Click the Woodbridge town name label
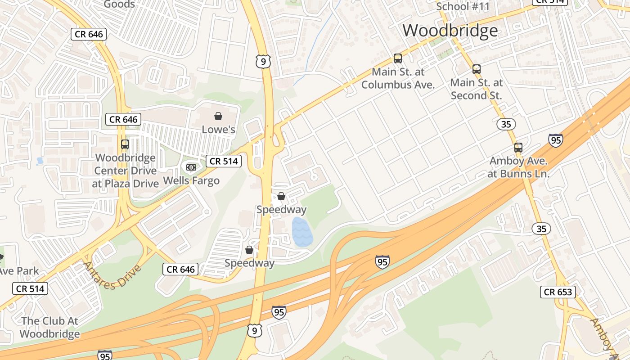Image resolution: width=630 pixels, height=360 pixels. pos(450,31)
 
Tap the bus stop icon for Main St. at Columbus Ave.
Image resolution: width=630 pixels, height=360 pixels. pos(397,58)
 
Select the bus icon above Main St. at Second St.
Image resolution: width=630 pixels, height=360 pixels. pos(476,69)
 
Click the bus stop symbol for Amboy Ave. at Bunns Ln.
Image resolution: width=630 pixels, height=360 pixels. pos(518,147)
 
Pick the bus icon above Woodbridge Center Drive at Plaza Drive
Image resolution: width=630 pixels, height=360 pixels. pos(125,144)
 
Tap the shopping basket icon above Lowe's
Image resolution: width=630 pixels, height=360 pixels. pos(218,117)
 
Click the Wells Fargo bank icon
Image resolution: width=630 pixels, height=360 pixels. pos(191,167)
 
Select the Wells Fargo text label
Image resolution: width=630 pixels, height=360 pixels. pos(191,181)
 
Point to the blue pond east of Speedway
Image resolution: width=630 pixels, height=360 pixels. pos(302,232)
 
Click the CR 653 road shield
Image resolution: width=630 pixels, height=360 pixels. pos(558,292)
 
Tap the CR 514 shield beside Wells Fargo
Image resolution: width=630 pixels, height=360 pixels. pos(224,161)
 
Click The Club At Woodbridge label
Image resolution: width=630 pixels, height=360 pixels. pos(49,328)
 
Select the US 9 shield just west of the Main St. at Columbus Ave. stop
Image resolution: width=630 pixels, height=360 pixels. pos(263,61)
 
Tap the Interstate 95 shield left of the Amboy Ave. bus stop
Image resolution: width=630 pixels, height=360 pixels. pos(556,140)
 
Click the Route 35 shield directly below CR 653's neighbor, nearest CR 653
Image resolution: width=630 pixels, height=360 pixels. pos(541,229)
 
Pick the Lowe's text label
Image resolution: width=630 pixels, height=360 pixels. pos(218,130)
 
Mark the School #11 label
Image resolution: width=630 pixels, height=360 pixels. pos(463,6)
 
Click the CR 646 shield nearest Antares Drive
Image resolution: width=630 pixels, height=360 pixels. pos(180,269)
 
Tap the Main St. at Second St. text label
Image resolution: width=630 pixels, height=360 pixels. pos(476,89)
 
